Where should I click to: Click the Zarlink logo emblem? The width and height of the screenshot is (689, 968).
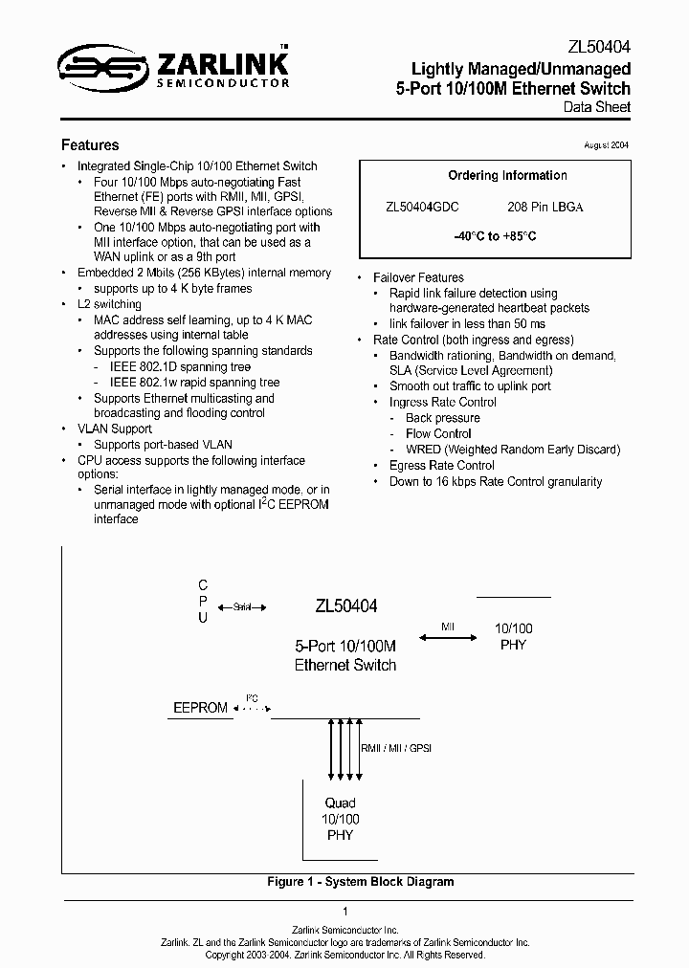100,65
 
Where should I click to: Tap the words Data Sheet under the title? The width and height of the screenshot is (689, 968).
597,107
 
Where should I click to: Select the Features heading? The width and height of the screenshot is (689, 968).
90,145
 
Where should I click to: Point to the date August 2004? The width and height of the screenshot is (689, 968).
606,144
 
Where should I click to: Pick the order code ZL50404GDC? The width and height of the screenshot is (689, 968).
422,207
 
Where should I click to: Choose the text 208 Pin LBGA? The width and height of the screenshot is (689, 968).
545,207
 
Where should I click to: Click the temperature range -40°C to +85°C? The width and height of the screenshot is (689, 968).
494,236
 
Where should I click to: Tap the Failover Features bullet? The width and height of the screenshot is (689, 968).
418,277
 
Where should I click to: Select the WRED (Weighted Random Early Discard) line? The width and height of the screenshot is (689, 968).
513,450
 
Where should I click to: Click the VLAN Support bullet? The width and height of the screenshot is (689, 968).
115,429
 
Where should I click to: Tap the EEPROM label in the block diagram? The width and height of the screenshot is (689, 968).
200,708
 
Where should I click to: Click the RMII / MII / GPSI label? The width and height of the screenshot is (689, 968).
396,747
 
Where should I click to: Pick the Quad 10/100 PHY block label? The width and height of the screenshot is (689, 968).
340,819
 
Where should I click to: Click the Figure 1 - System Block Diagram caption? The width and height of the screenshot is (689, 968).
360,882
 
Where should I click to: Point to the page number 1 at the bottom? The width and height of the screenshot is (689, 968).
344,912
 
